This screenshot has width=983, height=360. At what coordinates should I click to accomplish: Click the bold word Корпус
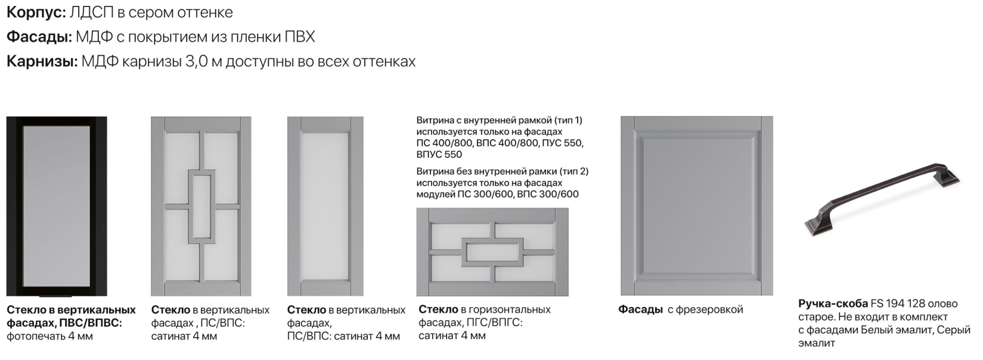click(x=36, y=13)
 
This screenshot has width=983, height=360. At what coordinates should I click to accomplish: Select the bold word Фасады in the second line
click(x=39, y=37)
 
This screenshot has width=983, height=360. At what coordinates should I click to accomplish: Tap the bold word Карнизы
click(x=42, y=61)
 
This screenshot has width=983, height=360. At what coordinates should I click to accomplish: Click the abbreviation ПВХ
click(x=300, y=37)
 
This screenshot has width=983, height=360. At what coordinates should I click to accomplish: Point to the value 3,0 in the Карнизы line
click(x=196, y=62)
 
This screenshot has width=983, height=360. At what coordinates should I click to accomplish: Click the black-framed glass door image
click(x=57, y=206)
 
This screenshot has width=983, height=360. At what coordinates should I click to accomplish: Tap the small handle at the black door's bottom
click(x=55, y=294)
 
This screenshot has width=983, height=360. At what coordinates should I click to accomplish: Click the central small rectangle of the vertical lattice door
click(x=201, y=206)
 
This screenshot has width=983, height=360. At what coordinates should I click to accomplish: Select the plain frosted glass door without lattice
click(x=325, y=206)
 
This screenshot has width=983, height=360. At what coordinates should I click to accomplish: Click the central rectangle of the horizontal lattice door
click(x=492, y=252)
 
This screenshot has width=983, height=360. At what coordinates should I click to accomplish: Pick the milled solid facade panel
click(x=696, y=206)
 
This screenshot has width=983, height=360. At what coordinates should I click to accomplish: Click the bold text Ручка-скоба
click(x=833, y=303)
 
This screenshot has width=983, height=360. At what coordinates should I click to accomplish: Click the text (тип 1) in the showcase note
click(x=568, y=120)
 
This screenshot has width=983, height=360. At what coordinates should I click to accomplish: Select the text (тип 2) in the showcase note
click(x=573, y=171)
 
